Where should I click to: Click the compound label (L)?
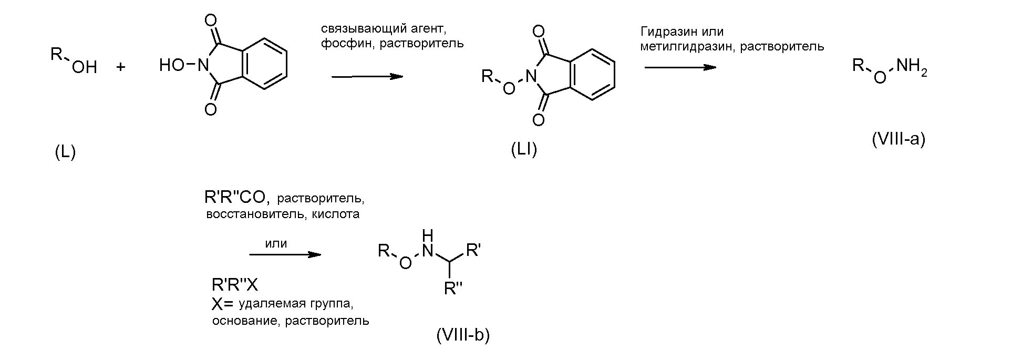[65, 152]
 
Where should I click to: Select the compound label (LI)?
[524, 150]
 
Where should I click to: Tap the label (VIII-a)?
[899, 139]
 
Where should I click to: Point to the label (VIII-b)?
[462, 335]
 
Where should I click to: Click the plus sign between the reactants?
[121, 67]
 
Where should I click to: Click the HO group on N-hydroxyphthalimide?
[171, 65]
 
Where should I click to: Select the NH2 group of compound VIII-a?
[911, 67]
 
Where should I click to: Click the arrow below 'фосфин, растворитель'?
[367, 76]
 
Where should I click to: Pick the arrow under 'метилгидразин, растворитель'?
[680, 67]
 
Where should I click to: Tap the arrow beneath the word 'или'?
[285, 255]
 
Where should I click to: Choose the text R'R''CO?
[237, 198]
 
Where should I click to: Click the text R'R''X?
[235, 285]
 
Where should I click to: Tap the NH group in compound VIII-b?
[428, 244]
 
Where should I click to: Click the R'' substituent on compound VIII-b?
[452, 288]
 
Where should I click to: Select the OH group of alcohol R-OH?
[84, 67]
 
